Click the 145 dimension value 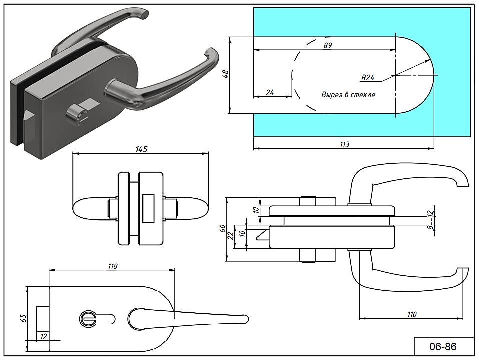141,149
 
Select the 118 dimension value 112,266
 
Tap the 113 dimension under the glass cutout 344,144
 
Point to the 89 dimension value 328,45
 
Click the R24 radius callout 368,78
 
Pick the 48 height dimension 225,74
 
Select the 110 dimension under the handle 411,314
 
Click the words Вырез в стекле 348,94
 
